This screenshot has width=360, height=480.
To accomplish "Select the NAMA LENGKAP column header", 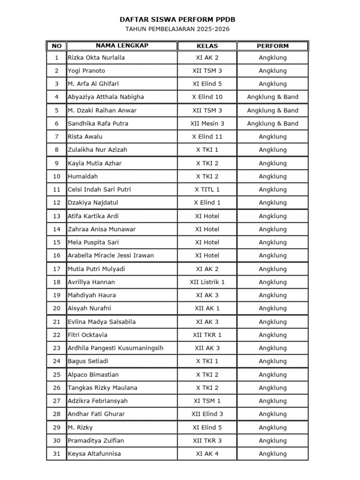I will [121, 46].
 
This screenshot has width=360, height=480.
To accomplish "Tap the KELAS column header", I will [207, 46].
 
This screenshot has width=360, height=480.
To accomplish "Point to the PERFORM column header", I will [272, 46].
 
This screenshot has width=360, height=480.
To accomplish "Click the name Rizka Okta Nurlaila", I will [97, 58].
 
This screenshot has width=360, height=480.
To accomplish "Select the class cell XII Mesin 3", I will [207, 124].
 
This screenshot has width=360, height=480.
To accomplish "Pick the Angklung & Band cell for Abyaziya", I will [272, 97].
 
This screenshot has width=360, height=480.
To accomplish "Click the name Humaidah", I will [83, 177].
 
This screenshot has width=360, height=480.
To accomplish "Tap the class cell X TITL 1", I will [207, 190].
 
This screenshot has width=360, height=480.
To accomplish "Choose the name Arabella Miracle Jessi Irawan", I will [111, 255].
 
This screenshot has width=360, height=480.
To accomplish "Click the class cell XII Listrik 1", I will [207, 282].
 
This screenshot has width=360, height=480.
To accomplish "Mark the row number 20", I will [57, 308].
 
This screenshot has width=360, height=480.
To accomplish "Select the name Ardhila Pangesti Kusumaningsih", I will [115, 348].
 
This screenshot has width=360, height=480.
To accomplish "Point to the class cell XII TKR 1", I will [207, 335].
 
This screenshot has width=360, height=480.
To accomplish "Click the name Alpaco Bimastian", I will [93, 375].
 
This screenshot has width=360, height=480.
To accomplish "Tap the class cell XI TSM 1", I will [207, 401].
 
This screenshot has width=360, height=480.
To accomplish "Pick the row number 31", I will [57, 454].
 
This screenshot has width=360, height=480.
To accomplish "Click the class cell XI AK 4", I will [207, 454].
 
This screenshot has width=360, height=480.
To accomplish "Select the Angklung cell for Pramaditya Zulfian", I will [272, 441].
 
